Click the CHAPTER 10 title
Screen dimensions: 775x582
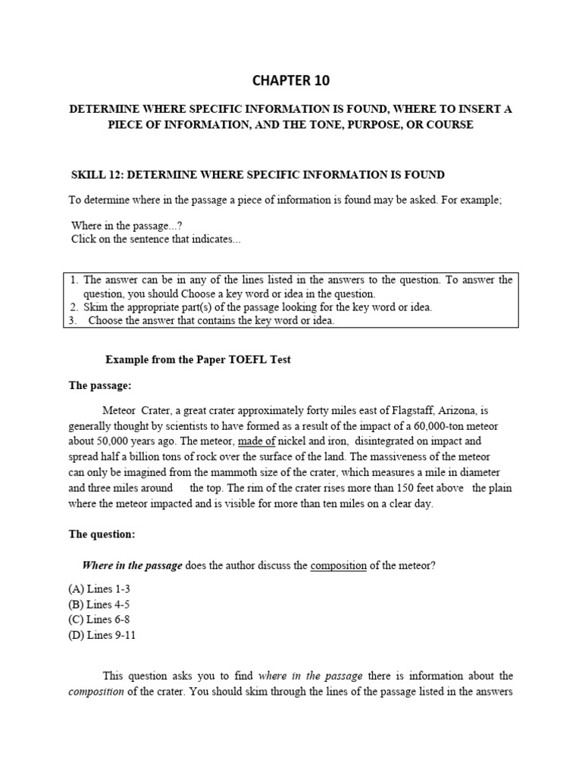[291, 79]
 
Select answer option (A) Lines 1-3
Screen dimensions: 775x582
[105, 588]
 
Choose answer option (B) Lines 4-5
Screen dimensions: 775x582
[105, 603]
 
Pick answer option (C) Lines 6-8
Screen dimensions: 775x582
[105, 619]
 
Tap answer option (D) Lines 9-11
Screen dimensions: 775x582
[108, 634]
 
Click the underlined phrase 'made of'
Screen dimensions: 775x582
[256, 440]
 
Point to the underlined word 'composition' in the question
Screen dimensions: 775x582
[339, 566]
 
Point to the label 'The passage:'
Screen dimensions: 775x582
[100, 385]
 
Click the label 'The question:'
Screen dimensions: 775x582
[102, 534]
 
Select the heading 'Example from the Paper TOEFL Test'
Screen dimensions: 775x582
[198, 359]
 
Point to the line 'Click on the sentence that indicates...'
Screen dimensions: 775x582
[156, 239]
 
